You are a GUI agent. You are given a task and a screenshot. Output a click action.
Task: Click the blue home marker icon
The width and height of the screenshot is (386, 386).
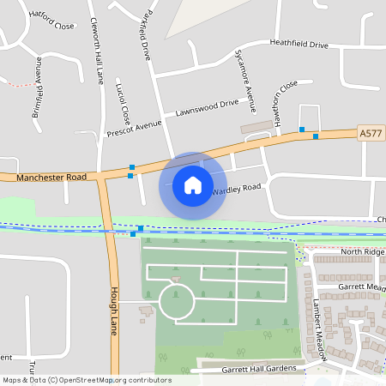[x=193, y=185]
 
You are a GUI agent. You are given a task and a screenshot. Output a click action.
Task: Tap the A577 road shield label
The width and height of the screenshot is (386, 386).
[x=370, y=133]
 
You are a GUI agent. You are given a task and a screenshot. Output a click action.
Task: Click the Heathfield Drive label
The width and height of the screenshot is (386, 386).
[x=299, y=44]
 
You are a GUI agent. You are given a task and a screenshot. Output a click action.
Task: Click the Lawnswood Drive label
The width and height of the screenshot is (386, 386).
[x=207, y=108]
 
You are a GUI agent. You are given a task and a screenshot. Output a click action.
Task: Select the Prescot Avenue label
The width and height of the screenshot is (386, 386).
[x=135, y=127]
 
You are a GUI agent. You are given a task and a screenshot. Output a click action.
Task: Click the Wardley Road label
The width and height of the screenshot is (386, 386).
[x=236, y=188]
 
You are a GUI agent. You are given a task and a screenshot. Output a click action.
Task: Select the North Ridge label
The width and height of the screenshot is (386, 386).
[x=359, y=251]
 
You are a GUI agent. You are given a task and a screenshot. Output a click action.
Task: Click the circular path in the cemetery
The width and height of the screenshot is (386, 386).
[x=177, y=303]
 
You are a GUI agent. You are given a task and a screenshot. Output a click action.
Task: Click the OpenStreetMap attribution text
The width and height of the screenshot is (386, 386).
[x=87, y=379]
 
